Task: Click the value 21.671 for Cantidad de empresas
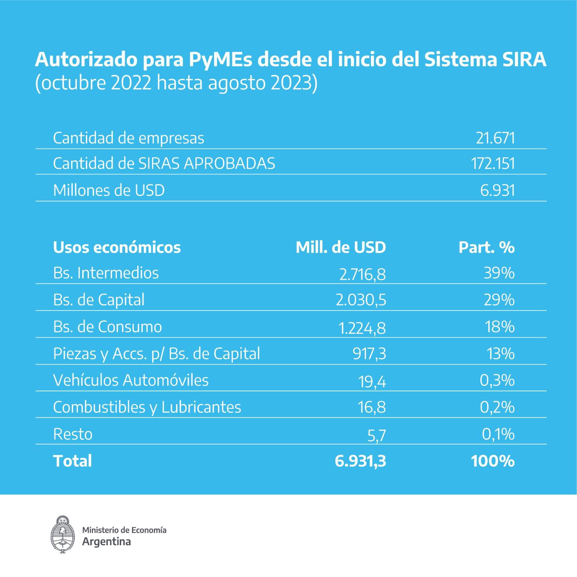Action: [495, 138]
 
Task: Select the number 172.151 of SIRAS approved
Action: [493, 164]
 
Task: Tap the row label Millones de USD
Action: [109, 190]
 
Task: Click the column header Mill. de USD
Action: [340, 247]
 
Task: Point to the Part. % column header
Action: [486, 247]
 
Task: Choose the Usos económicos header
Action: [117, 247]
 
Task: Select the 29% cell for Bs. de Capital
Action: [499, 300]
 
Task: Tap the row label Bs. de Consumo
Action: [107, 327]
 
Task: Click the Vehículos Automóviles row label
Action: [131, 380]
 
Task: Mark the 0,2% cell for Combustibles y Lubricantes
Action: [497, 407]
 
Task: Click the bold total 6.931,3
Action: [360, 461]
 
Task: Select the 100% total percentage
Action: [493, 461]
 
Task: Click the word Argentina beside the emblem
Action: [106, 541]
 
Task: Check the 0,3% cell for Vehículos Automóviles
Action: [497, 380]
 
